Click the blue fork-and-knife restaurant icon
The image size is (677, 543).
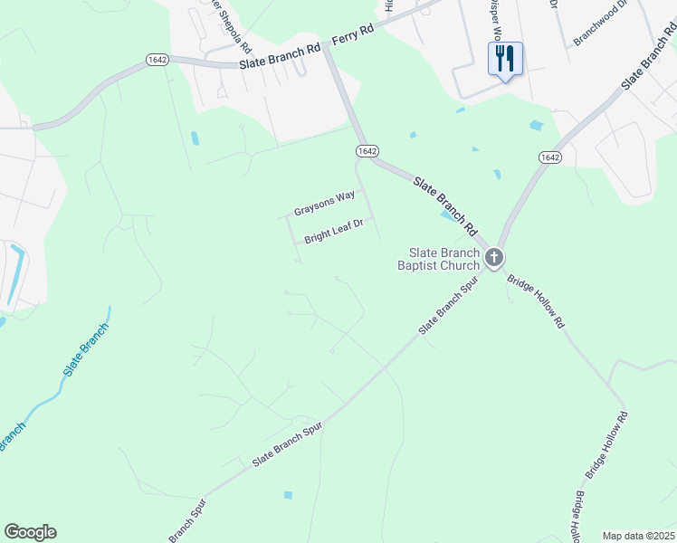coord(505,60)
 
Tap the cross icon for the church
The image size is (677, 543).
coord(493,259)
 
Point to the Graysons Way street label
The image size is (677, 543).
coord(324,203)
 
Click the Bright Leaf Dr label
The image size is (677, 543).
coord(333,231)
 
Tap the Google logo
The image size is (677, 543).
coord(30,532)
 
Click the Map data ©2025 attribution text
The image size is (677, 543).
coord(637,536)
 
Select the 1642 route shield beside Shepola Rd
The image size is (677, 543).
coord(157,59)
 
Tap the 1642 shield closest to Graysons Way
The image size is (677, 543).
coord(367,150)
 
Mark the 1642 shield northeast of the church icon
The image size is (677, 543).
coord(549,157)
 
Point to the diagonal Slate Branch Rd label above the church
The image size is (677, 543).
coord(444,202)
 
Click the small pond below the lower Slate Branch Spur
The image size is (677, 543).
coord(288,495)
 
